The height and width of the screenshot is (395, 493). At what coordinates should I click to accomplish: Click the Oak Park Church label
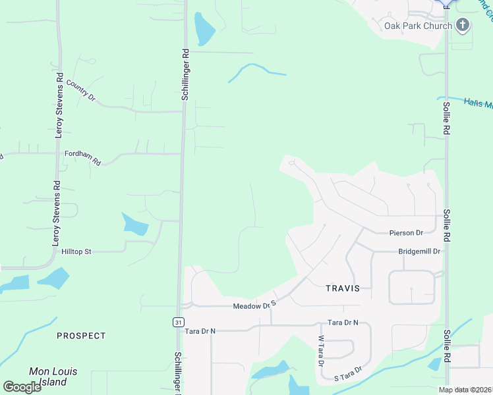(x=418, y=26)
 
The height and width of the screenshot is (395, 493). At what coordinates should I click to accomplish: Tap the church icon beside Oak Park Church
(x=463, y=26)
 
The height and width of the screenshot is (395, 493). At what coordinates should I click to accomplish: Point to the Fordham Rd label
(x=82, y=157)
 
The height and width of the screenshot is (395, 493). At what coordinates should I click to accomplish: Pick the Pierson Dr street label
(x=406, y=232)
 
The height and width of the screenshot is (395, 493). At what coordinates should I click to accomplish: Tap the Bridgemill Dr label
(x=419, y=251)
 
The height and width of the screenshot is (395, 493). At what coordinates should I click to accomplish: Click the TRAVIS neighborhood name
(x=343, y=288)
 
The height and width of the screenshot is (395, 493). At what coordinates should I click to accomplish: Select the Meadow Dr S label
(x=253, y=305)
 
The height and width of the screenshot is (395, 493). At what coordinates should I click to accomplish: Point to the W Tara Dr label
(x=321, y=352)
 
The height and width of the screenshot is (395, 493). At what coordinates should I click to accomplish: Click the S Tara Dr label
(x=348, y=373)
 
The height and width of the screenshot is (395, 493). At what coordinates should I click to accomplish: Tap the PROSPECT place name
(x=81, y=336)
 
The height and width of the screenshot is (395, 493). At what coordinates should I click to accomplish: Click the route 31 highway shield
(x=179, y=321)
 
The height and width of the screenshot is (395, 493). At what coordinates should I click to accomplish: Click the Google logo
(x=22, y=386)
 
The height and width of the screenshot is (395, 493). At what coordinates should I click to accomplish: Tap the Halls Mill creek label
(x=478, y=103)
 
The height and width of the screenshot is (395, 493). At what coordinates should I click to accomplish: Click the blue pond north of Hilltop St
(x=134, y=224)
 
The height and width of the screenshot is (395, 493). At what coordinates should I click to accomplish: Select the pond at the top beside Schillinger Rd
(x=204, y=28)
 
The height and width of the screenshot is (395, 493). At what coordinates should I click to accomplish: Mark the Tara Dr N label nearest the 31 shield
(x=200, y=330)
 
